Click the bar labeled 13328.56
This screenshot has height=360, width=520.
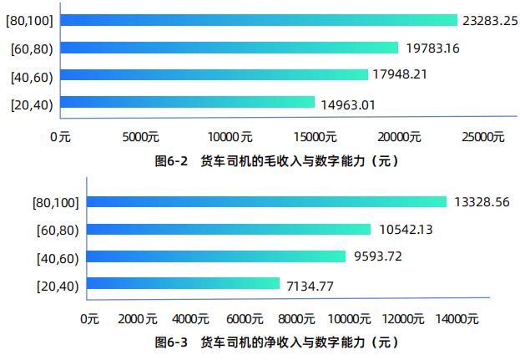click(x=267, y=202)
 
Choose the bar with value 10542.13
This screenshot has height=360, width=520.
click(x=229, y=229)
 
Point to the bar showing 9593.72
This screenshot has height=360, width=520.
click(x=216, y=256)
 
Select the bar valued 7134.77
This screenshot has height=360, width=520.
click(x=184, y=284)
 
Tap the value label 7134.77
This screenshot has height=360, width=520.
click(x=310, y=285)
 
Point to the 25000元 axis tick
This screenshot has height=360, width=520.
click(x=486, y=137)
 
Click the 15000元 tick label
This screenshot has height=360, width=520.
click(x=316, y=137)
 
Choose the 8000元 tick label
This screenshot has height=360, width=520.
click(x=295, y=319)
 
